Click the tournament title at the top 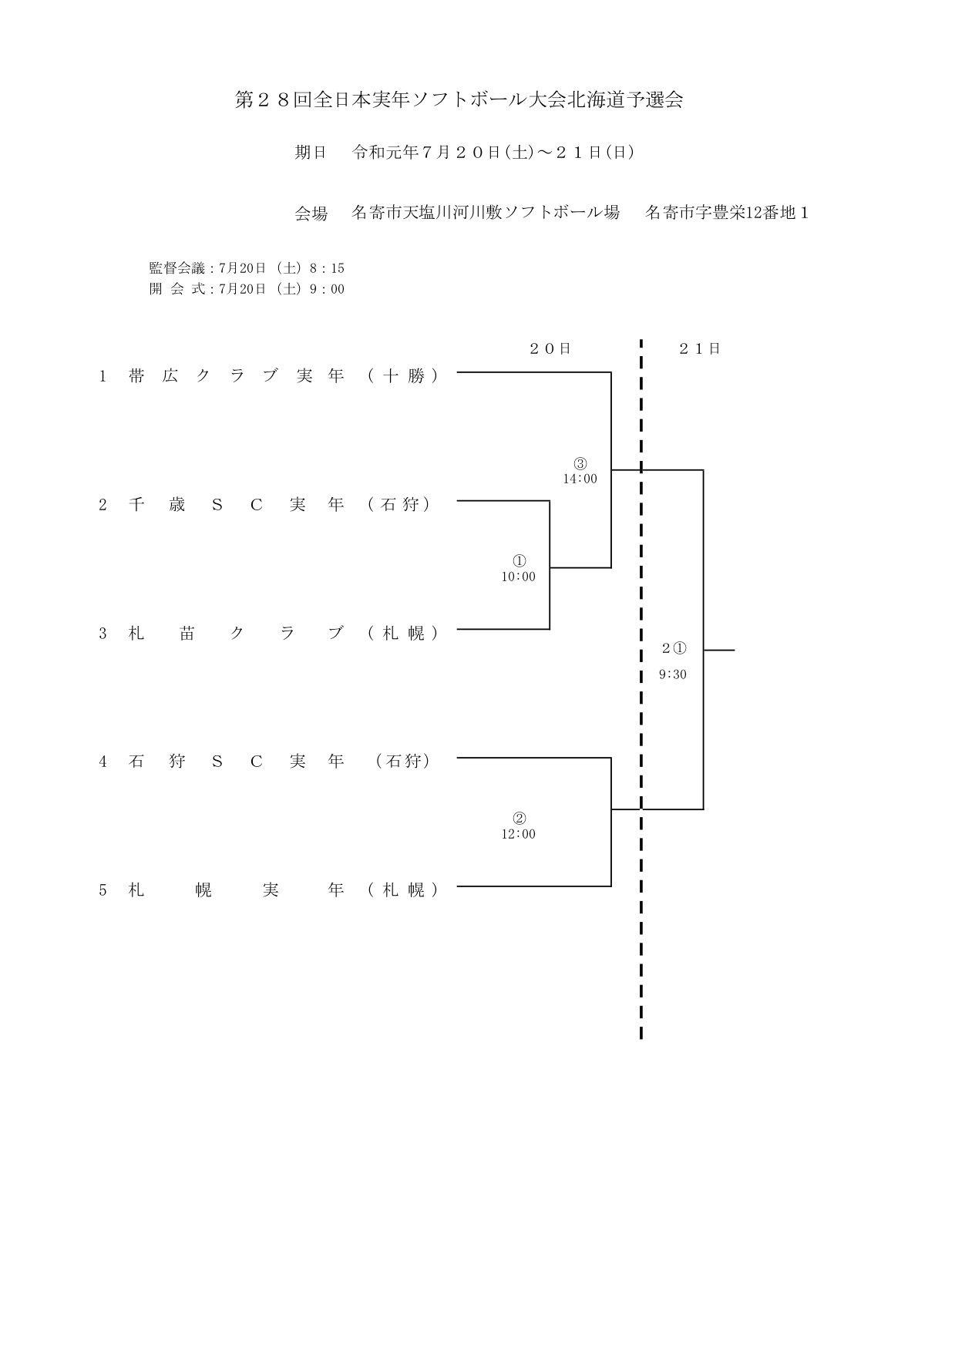point(459,100)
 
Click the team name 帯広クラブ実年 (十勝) point(269,376)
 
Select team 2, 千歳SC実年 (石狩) point(264,505)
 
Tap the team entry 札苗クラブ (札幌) point(269,634)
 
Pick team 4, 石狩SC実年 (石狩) point(264,762)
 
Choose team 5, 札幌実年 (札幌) point(269,890)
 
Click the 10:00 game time point(519,577)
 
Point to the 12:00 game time point(519,834)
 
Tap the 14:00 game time point(580,479)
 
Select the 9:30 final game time point(673,674)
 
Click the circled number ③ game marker point(580,464)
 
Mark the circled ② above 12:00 point(519,819)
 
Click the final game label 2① point(674,648)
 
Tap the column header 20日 point(550,348)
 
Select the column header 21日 point(700,348)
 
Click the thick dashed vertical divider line point(641,688)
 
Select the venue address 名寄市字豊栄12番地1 point(727,213)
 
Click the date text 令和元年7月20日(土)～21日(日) point(493,153)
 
